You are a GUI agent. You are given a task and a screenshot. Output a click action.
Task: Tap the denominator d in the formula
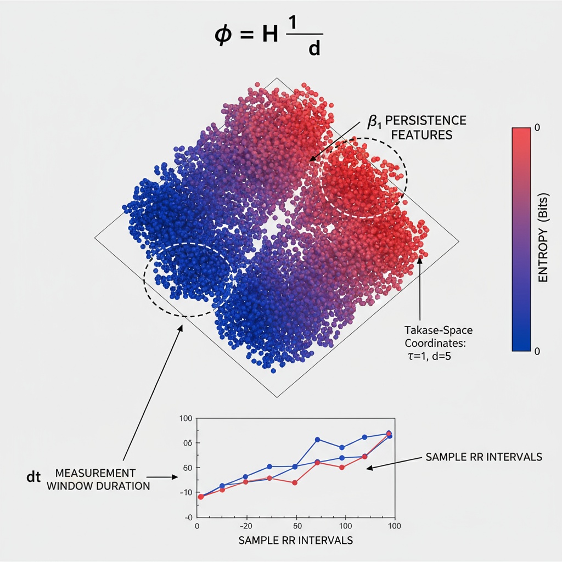[314, 50]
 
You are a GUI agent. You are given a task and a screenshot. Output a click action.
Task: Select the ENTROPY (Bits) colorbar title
[543, 239]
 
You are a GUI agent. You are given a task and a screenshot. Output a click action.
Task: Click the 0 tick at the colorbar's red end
[537, 127]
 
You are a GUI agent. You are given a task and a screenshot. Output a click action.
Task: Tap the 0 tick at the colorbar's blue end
[537, 351]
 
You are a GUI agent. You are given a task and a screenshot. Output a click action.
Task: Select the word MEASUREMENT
[95, 473]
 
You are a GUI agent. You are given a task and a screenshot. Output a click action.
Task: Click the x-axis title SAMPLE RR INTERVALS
[295, 540]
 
